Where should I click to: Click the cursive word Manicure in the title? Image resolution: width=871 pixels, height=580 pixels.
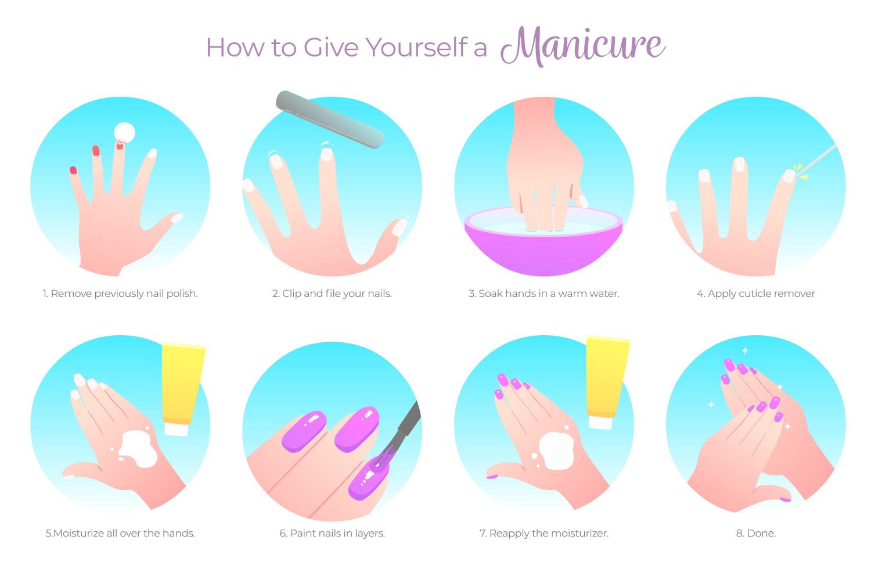pos(582,46)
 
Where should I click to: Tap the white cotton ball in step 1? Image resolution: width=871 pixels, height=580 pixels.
pos(124,132)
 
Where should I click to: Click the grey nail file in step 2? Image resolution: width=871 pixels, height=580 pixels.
pos(330,119)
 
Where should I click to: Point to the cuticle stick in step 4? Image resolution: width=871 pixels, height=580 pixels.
pos(816,160)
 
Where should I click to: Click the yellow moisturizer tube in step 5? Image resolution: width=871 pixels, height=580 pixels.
pos(182,389)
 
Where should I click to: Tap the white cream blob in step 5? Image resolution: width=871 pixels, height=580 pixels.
pos(138,449)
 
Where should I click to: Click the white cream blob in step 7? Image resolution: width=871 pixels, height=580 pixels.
pos(556,451)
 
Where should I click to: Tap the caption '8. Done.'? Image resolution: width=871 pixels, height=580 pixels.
pos(755,533)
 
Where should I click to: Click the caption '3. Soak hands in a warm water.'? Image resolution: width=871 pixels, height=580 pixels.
pos(544,293)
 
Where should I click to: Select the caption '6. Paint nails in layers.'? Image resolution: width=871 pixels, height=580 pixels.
pos(332,533)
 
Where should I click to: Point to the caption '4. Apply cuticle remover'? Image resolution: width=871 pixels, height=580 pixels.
pos(755,293)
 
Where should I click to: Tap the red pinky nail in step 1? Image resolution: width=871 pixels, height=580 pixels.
pos(73,170)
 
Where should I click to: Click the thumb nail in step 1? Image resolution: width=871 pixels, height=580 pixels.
pos(177,218)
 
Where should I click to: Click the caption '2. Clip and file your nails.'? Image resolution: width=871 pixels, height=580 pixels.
pos(332,293)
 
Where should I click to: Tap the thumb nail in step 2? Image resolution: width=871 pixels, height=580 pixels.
pos(399,227)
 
